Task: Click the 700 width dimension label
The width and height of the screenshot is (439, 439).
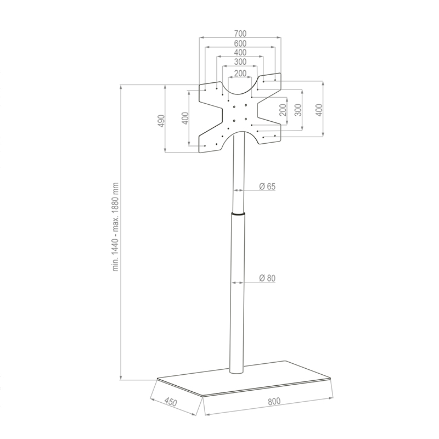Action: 240,33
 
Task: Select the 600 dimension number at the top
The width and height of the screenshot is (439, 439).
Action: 240,43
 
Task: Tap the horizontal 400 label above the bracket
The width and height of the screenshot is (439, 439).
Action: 240,53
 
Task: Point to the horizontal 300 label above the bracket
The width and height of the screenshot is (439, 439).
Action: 240,62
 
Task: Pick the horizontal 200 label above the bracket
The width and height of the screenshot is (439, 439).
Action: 240,73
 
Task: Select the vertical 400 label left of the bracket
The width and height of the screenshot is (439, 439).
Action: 185,117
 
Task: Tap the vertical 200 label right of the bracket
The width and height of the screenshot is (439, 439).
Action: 282,110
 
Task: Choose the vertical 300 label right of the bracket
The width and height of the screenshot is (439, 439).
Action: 298,110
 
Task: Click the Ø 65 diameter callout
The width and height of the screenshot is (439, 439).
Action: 267,187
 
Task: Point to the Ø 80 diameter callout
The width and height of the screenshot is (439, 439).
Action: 267,279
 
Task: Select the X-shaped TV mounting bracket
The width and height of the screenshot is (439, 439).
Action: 240,112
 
